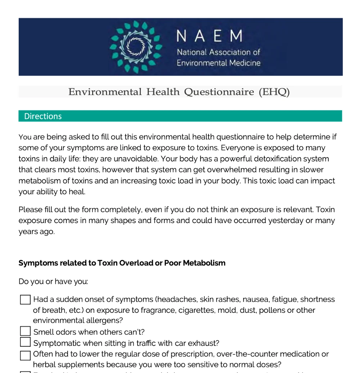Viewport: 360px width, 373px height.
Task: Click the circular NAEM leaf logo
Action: coord(136,47)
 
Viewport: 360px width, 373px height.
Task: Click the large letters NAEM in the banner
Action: coord(210,36)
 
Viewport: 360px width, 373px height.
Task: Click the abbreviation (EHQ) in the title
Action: coord(274,92)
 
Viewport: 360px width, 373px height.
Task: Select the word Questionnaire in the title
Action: coord(219,92)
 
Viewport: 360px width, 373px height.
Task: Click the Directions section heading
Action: coord(43,116)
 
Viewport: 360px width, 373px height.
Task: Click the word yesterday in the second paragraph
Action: coord(286,221)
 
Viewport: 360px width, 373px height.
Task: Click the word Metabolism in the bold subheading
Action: coord(204,263)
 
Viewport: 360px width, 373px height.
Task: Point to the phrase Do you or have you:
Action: coord(53,281)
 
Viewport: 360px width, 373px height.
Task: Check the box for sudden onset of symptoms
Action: coord(25,299)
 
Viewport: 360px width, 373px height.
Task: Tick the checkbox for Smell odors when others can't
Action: coord(25,331)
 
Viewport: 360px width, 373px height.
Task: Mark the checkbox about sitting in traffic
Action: coord(25,342)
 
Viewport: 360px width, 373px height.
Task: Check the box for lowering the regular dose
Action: coord(25,356)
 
